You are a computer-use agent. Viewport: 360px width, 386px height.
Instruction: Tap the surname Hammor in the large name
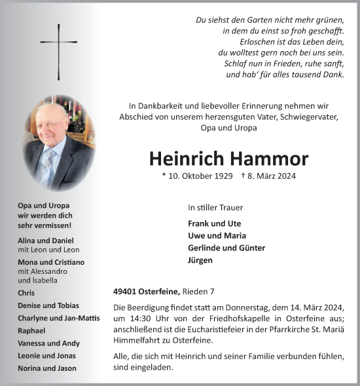click(x=270, y=158)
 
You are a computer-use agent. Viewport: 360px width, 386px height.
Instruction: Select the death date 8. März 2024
click(x=269, y=176)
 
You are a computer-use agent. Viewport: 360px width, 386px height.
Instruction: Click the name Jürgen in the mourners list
click(x=200, y=260)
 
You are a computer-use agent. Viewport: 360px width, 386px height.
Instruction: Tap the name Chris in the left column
click(x=27, y=293)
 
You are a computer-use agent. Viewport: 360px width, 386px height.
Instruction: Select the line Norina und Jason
click(x=47, y=368)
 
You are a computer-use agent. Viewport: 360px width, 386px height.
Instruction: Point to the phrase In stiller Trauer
click(x=215, y=207)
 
